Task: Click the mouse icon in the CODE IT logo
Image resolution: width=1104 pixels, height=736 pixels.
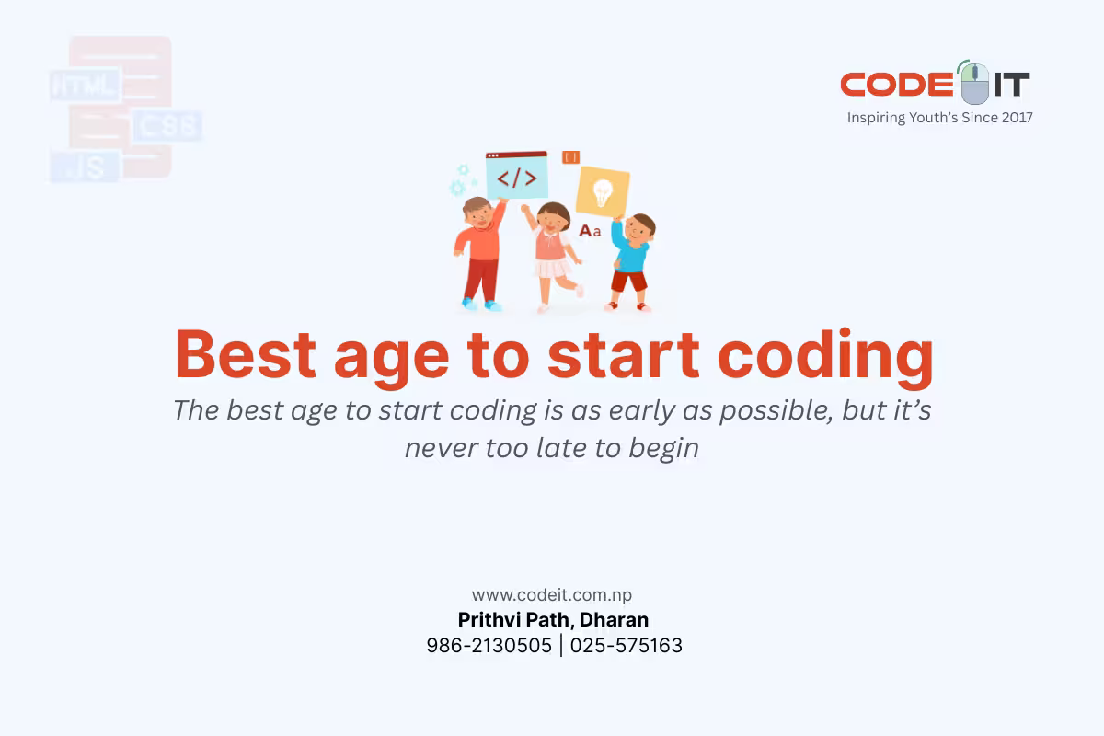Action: (x=974, y=84)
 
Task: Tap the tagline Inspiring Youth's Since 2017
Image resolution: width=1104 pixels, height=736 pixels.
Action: (x=939, y=118)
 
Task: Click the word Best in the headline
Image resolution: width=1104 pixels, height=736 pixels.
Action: (x=246, y=355)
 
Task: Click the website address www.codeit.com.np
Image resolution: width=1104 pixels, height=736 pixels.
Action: (x=552, y=595)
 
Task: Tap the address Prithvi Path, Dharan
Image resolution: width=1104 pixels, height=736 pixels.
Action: (x=553, y=620)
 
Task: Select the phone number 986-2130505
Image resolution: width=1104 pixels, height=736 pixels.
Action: (x=489, y=646)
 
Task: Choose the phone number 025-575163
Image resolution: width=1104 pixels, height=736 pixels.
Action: (x=627, y=646)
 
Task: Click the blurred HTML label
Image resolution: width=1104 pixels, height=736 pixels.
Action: (x=84, y=86)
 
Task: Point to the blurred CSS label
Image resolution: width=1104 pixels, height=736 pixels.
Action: (x=167, y=126)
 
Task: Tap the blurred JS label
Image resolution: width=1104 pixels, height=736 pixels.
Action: (x=85, y=167)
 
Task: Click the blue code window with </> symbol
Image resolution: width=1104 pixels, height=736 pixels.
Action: (x=516, y=176)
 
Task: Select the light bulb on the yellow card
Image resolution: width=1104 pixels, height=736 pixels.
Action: (x=603, y=191)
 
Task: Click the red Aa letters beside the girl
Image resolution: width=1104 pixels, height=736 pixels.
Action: (x=590, y=230)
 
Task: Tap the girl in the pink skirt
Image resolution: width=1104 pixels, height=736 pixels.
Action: (x=554, y=253)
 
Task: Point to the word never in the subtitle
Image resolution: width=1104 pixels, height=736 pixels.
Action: (x=438, y=448)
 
